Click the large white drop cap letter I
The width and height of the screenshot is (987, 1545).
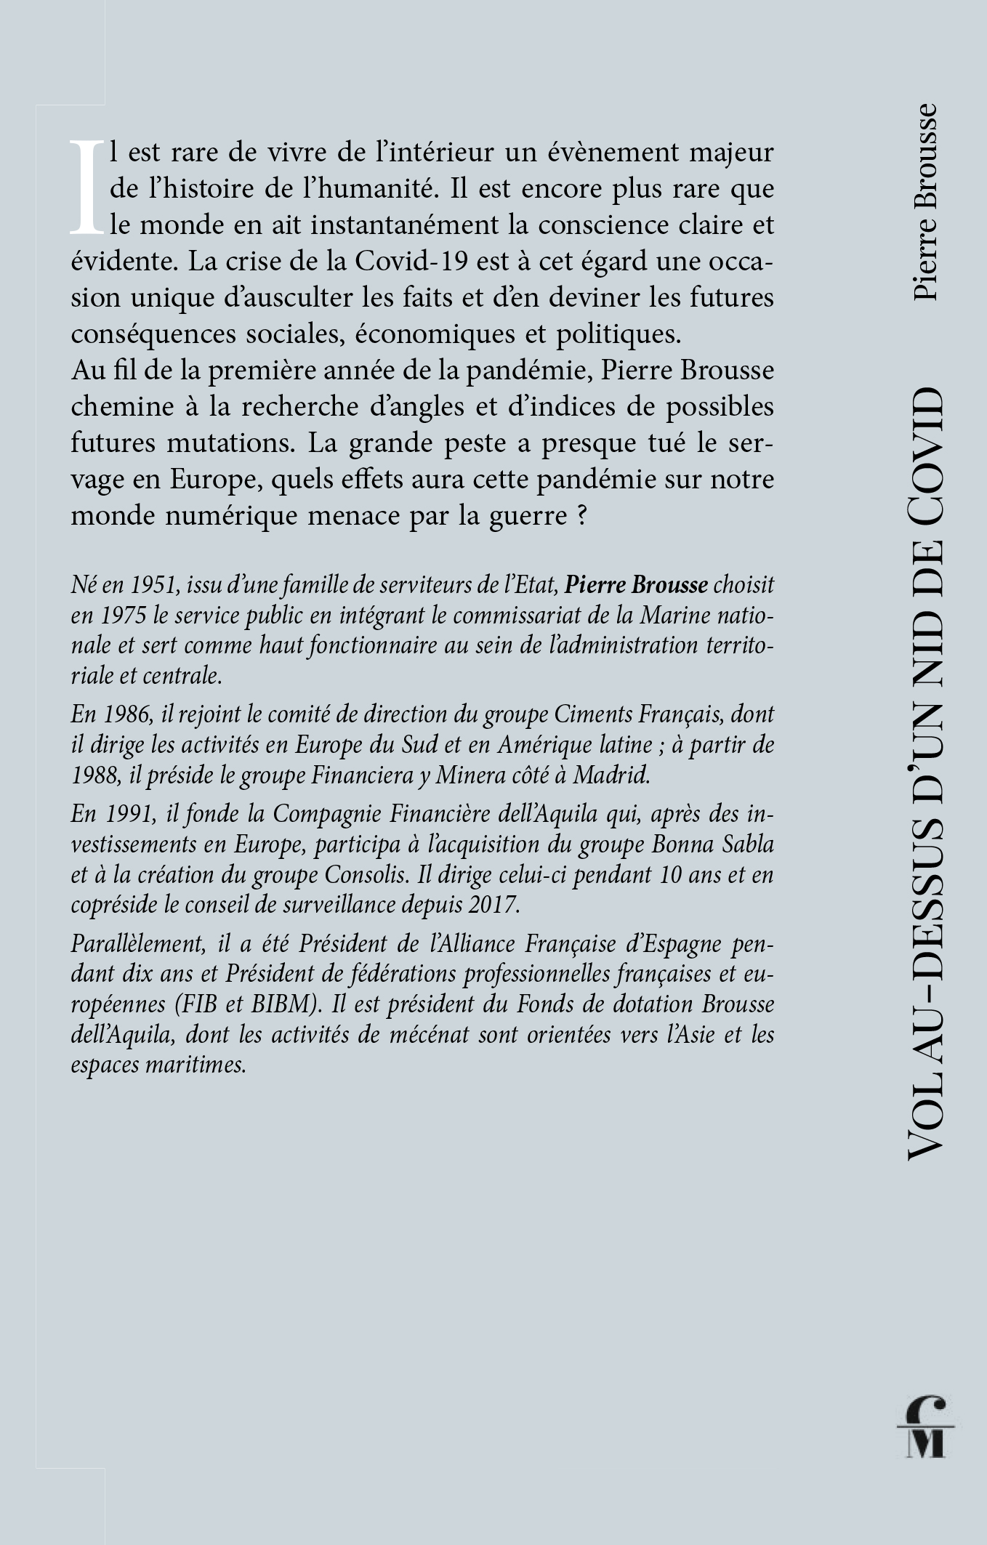pos(86,187)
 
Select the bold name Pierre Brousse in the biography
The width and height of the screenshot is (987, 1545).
pos(636,584)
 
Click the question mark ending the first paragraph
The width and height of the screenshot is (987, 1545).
pos(580,516)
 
